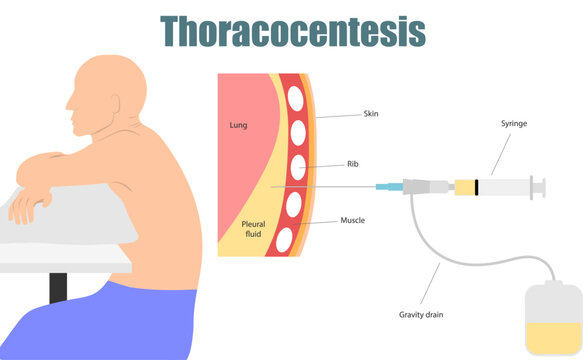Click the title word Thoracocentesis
(293, 32)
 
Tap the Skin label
(372, 115)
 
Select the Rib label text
(353, 163)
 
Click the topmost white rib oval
(296, 99)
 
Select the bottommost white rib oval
(285, 239)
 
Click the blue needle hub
(385, 187)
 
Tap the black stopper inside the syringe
(477, 186)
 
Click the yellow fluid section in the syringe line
(464, 186)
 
